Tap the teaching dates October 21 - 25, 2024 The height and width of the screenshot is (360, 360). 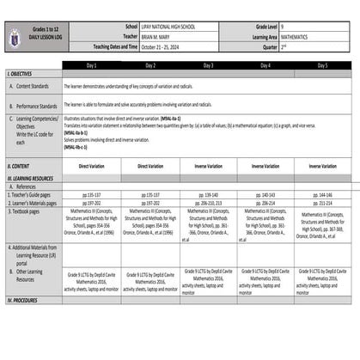tap(163, 47)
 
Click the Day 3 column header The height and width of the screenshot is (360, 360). tap(209, 65)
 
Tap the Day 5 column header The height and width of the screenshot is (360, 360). tap(322, 65)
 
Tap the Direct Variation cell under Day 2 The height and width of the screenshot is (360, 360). tap(150, 165)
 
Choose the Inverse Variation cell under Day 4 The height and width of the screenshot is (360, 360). tap(265, 165)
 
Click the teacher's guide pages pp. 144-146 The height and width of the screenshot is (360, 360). tap(322, 194)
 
